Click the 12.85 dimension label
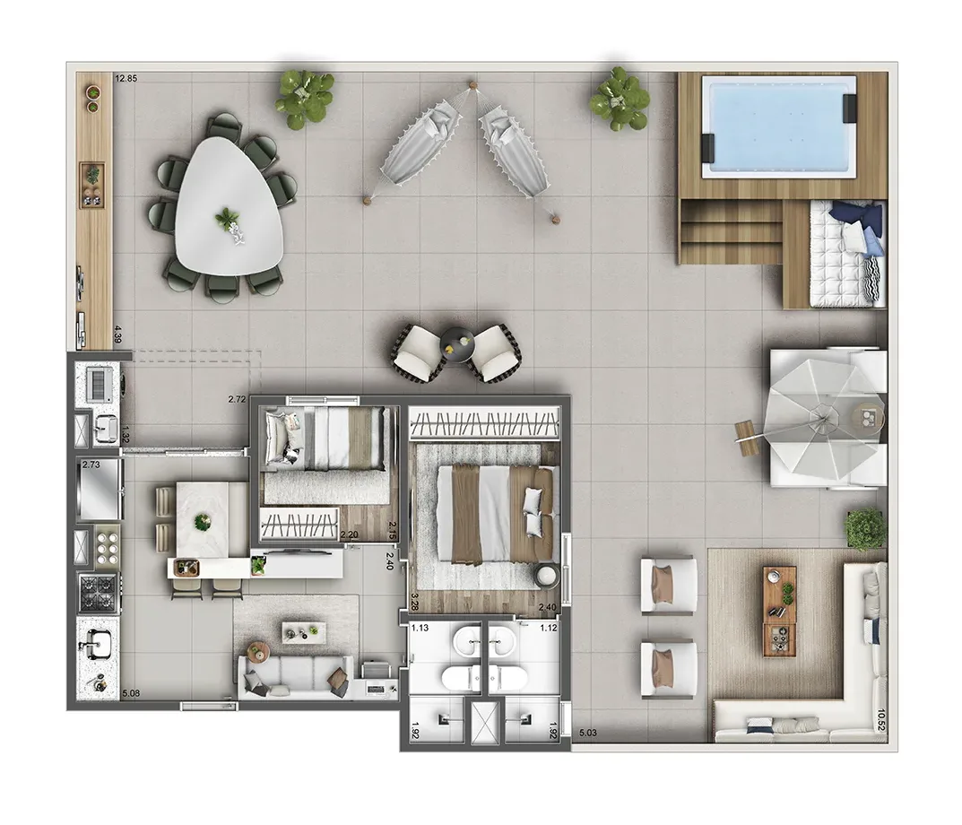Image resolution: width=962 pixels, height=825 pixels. click(126, 79)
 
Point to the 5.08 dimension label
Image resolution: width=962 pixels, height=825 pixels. click(131, 693)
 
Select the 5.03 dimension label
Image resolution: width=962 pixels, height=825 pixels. click(589, 734)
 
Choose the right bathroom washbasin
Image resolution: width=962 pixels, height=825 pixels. click(501, 640)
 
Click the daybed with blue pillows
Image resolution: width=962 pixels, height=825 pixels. click(844, 253)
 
